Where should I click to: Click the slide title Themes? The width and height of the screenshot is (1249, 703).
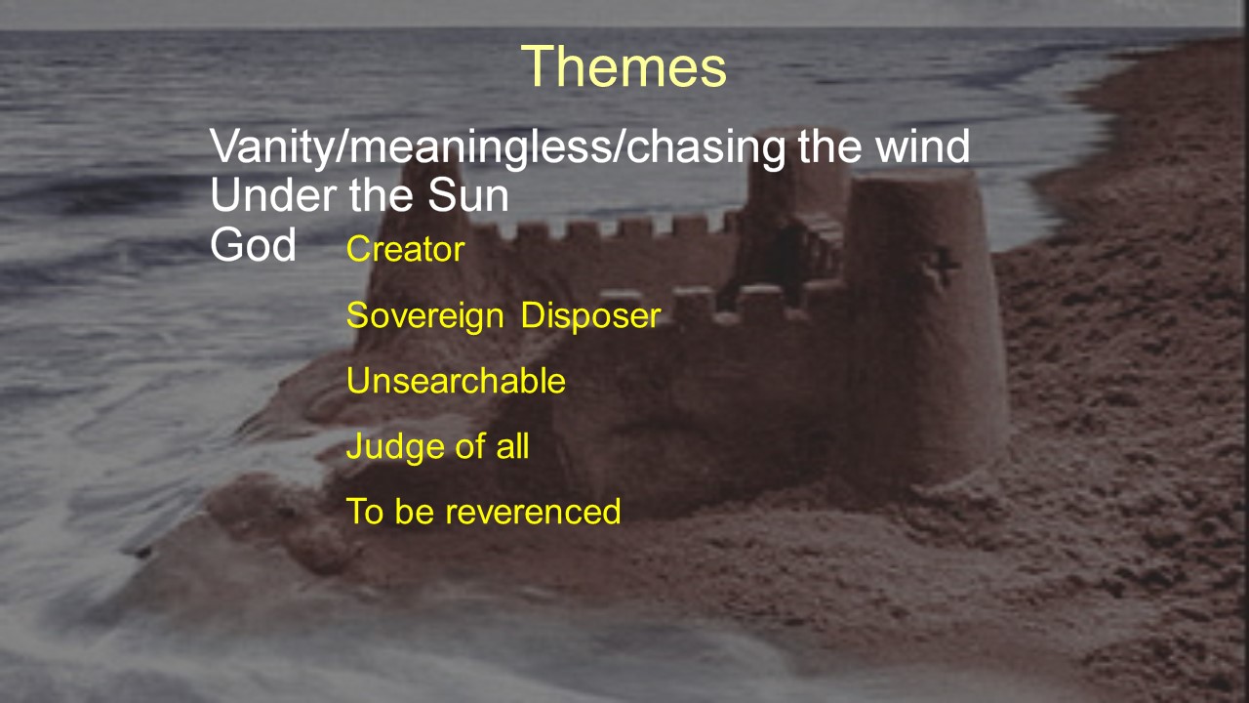tap(624, 66)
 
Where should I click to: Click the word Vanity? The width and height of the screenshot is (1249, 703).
tap(272, 147)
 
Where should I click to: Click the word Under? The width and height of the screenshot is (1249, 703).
tap(274, 195)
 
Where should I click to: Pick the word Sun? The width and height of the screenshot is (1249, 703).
tap(468, 195)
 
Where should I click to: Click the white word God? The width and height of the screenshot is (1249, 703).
tap(253, 244)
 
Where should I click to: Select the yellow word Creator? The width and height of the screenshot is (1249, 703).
tap(405, 249)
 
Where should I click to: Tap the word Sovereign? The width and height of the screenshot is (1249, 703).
tap(425, 315)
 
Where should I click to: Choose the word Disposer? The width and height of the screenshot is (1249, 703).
tap(591, 315)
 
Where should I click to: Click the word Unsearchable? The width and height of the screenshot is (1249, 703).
tap(456, 381)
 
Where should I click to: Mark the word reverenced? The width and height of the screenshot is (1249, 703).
tap(533, 512)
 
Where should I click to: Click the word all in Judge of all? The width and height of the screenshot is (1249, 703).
tap(512, 446)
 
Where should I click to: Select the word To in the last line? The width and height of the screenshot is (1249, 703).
tap(364, 511)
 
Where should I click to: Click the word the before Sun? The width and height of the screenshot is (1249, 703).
tap(382, 195)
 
